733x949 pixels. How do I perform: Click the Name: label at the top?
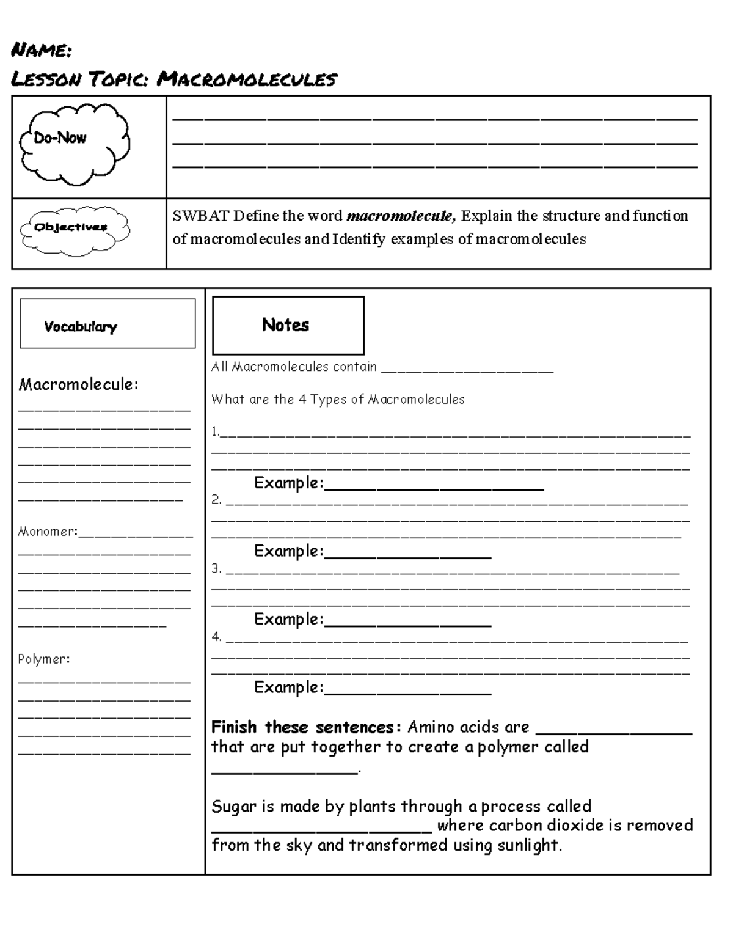pyautogui.click(x=42, y=50)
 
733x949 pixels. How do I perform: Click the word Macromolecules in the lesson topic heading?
pyautogui.click(x=246, y=79)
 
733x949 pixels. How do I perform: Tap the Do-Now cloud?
pyautogui.click(x=73, y=144)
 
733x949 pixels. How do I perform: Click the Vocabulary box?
pyautogui.click(x=108, y=324)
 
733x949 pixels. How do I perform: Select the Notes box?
pyautogui.click(x=288, y=325)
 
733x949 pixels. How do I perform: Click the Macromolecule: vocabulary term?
pyautogui.click(x=78, y=384)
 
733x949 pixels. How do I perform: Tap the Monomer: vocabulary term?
pyautogui.click(x=48, y=532)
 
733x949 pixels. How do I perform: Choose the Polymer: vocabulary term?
pyautogui.click(x=44, y=659)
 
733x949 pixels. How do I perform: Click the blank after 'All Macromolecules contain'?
pyautogui.click(x=467, y=368)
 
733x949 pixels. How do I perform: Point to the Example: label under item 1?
pyautogui.click(x=288, y=483)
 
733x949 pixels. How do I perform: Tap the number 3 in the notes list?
pyautogui.click(x=216, y=568)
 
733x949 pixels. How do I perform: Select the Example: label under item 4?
pyautogui.click(x=288, y=687)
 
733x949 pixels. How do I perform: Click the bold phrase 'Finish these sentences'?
pyautogui.click(x=303, y=727)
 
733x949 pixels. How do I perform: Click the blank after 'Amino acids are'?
pyautogui.click(x=613, y=730)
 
